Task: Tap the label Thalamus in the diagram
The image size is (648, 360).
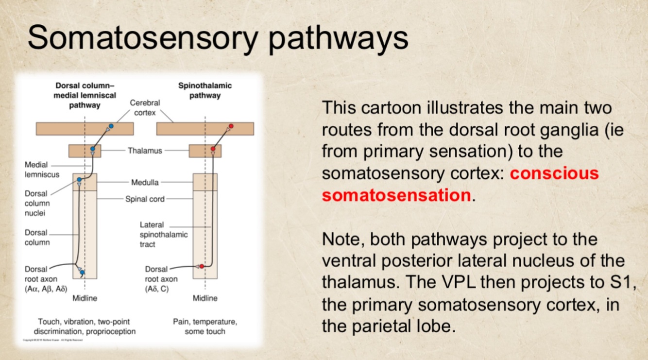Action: click(x=145, y=151)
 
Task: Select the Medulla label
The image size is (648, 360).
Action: click(x=145, y=183)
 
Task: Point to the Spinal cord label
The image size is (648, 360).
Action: click(x=145, y=199)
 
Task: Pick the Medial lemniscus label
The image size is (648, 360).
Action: click(x=42, y=170)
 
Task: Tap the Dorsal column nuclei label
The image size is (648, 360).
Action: click(x=37, y=203)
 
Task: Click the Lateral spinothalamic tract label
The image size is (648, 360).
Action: click(x=156, y=235)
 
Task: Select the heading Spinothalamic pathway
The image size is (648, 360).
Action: click(x=205, y=90)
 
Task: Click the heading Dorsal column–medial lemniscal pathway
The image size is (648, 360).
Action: click(x=85, y=95)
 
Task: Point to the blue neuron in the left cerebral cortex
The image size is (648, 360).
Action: click(x=111, y=126)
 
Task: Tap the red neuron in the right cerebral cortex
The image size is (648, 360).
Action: click(x=231, y=126)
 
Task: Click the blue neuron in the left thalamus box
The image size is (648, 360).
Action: click(x=93, y=149)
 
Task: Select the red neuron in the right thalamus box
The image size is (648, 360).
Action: click(x=213, y=149)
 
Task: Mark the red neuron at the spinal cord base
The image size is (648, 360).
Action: click(x=202, y=266)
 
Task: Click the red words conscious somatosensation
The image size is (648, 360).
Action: click(x=460, y=185)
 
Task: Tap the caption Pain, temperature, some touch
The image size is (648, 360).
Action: click(x=205, y=326)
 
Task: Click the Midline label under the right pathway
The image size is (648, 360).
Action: click(x=205, y=298)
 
